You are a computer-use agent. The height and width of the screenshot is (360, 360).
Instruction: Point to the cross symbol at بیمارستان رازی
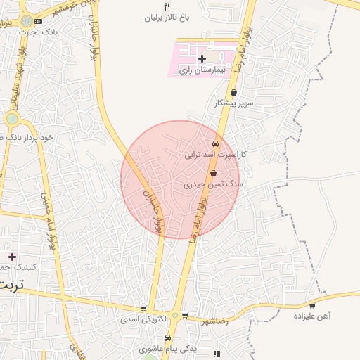point(202,58)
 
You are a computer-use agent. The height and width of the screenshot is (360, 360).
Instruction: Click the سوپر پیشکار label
point(233,103)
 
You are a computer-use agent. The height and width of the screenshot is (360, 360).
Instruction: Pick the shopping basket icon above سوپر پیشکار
point(233,93)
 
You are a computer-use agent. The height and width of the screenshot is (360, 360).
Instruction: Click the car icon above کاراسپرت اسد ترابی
point(215,143)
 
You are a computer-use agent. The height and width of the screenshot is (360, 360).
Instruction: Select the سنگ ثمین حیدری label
point(213,184)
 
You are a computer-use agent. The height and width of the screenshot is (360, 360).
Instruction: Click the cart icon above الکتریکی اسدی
point(143,308)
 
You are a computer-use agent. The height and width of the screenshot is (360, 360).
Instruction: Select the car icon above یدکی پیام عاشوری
point(185,337)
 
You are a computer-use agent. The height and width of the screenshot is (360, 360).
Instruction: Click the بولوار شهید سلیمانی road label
point(15,67)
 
